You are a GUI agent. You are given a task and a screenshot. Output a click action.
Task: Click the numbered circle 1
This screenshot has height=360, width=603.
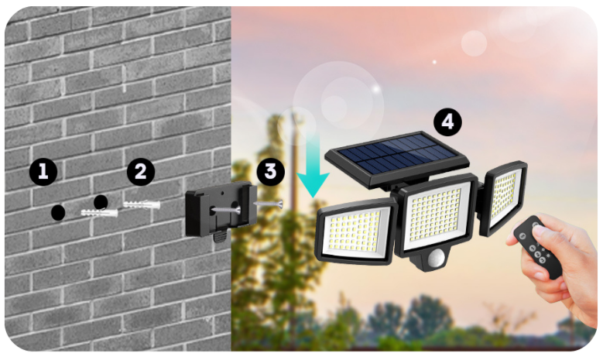pyautogui.click(x=43, y=172)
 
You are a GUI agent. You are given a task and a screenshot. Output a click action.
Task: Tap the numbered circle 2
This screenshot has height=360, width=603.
pyautogui.click(x=141, y=172)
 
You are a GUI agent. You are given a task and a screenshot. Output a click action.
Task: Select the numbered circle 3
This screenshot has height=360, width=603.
pyautogui.click(x=271, y=172)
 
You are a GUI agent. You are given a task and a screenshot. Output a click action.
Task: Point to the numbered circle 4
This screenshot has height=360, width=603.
pyautogui.click(x=447, y=122)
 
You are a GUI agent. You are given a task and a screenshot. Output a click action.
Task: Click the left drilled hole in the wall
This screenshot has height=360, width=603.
pyautogui.click(x=58, y=213)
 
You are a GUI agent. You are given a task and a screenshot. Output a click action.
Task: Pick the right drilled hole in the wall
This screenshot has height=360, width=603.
pyautogui.click(x=101, y=202)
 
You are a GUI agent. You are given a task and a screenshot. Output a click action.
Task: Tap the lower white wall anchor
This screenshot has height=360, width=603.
pyautogui.click(x=99, y=213)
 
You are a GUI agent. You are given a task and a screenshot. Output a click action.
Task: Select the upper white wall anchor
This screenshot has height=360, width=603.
pyautogui.click(x=142, y=204)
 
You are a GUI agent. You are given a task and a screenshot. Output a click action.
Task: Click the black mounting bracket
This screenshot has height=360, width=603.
pyautogui.click(x=221, y=209)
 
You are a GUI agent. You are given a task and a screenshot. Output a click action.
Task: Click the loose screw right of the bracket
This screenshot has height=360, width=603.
pyautogui.click(x=269, y=204)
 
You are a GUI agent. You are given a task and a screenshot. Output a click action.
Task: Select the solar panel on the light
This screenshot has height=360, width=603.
pyautogui.click(x=397, y=159)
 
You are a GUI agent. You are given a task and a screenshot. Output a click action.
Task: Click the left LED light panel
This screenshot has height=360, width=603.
pyautogui.click(x=356, y=232)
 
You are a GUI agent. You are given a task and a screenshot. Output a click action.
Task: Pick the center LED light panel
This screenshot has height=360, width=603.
pyautogui.click(x=437, y=214)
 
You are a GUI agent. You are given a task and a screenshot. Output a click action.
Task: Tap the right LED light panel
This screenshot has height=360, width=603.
pyautogui.click(x=504, y=197)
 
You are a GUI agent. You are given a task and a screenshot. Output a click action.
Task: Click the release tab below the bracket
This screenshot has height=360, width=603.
pyautogui.click(x=219, y=236)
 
